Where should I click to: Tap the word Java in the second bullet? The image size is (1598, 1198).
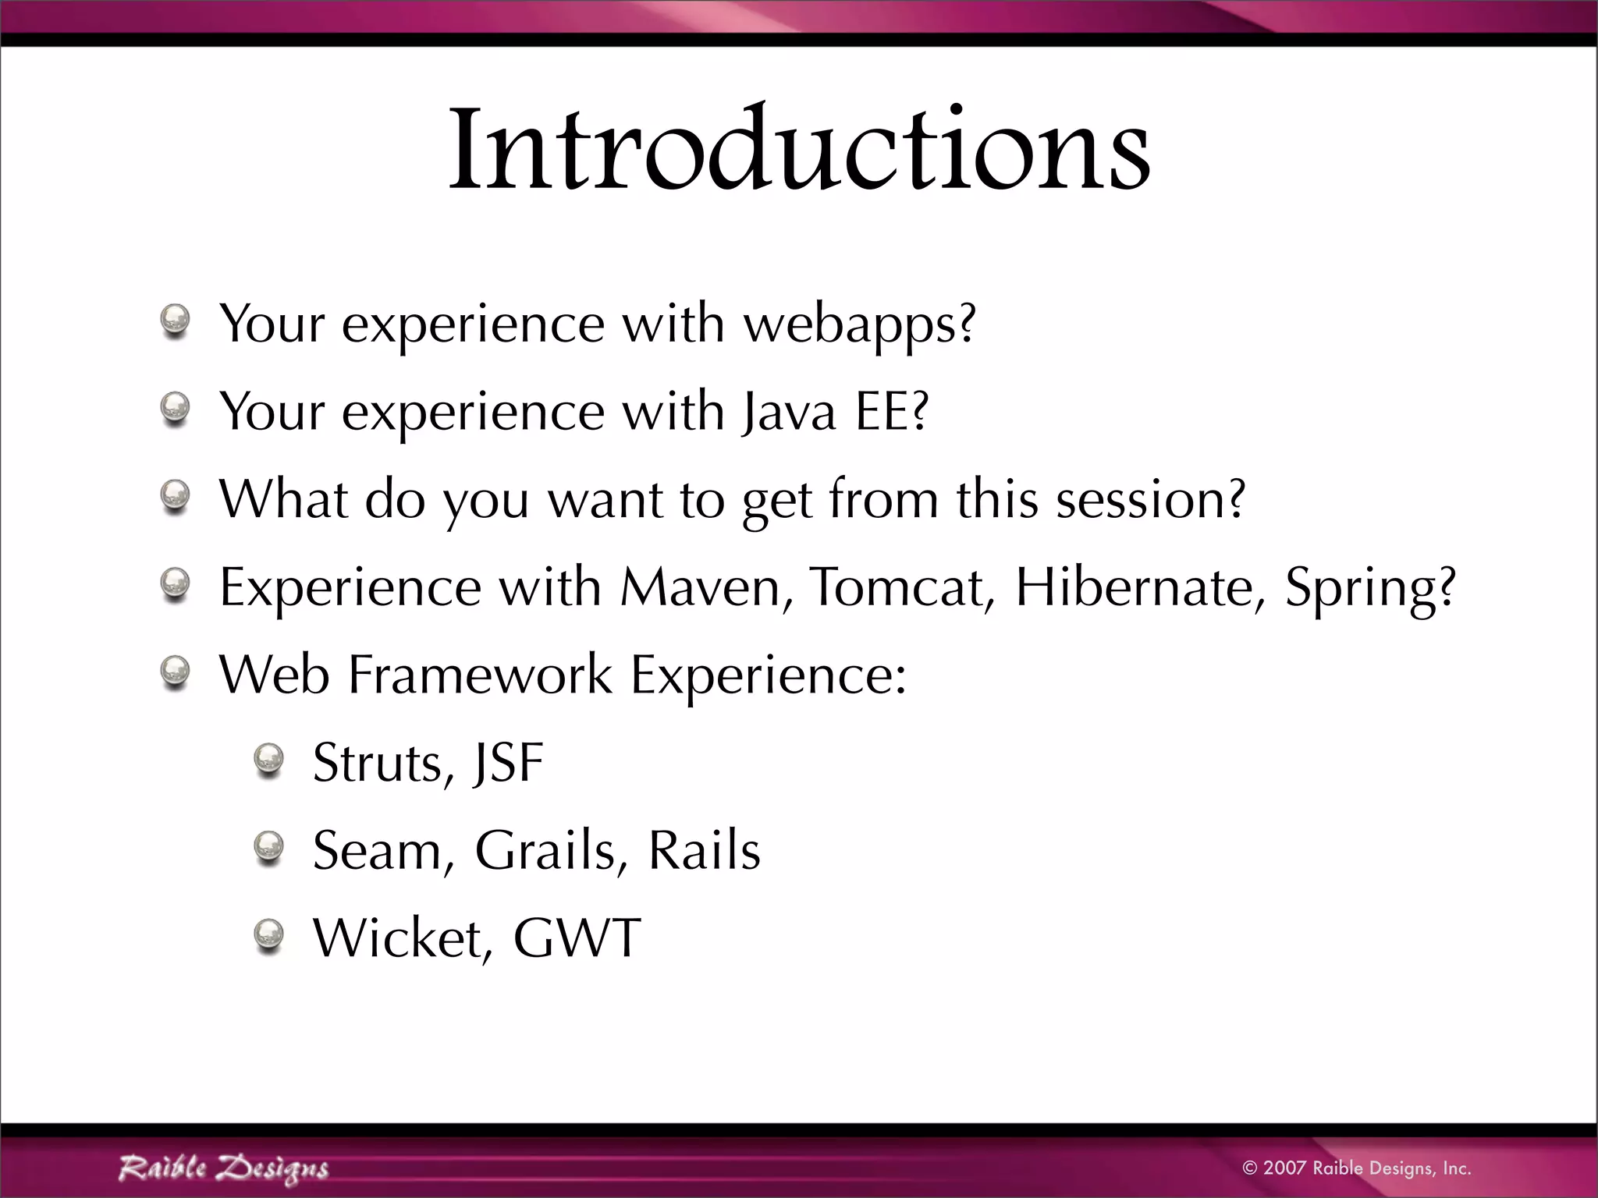pyautogui.click(x=788, y=412)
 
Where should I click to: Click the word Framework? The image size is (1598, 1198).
pyautogui.click(x=479, y=674)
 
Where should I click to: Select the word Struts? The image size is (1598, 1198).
pyautogui.click(x=378, y=762)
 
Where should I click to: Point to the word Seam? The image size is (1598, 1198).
pyautogui.click(x=377, y=849)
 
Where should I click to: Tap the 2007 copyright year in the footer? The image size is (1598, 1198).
pyautogui.click(x=1284, y=1168)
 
